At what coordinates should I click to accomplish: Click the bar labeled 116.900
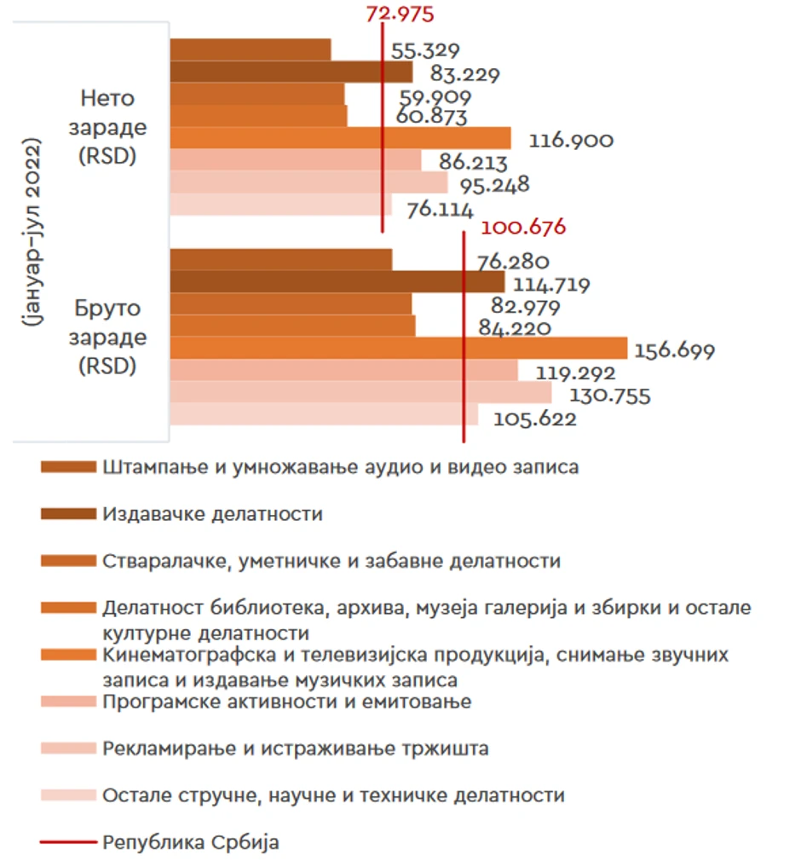(x=340, y=138)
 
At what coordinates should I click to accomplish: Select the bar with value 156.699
(x=398, y=348)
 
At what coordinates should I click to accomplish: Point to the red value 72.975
(x=399, y=14)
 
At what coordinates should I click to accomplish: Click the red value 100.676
(x=523, y=228)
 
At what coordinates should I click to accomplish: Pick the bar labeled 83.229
(x=291, y=72)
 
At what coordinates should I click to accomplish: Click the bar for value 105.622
(x=324, y=414)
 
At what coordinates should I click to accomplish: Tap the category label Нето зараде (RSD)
(x=107, y=128)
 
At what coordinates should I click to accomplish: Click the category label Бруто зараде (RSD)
(x=107, y=338)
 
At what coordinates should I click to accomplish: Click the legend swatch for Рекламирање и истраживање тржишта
(x=68, y=748)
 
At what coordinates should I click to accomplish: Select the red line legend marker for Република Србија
(x=68, y=843)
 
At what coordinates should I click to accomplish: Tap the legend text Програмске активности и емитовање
(x=286, y=702)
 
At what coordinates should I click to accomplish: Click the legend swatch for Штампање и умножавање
(x=68, y=467)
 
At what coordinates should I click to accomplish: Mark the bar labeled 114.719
(x=337, y=281)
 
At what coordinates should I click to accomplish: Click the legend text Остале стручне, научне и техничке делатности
(x=333, y=795)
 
